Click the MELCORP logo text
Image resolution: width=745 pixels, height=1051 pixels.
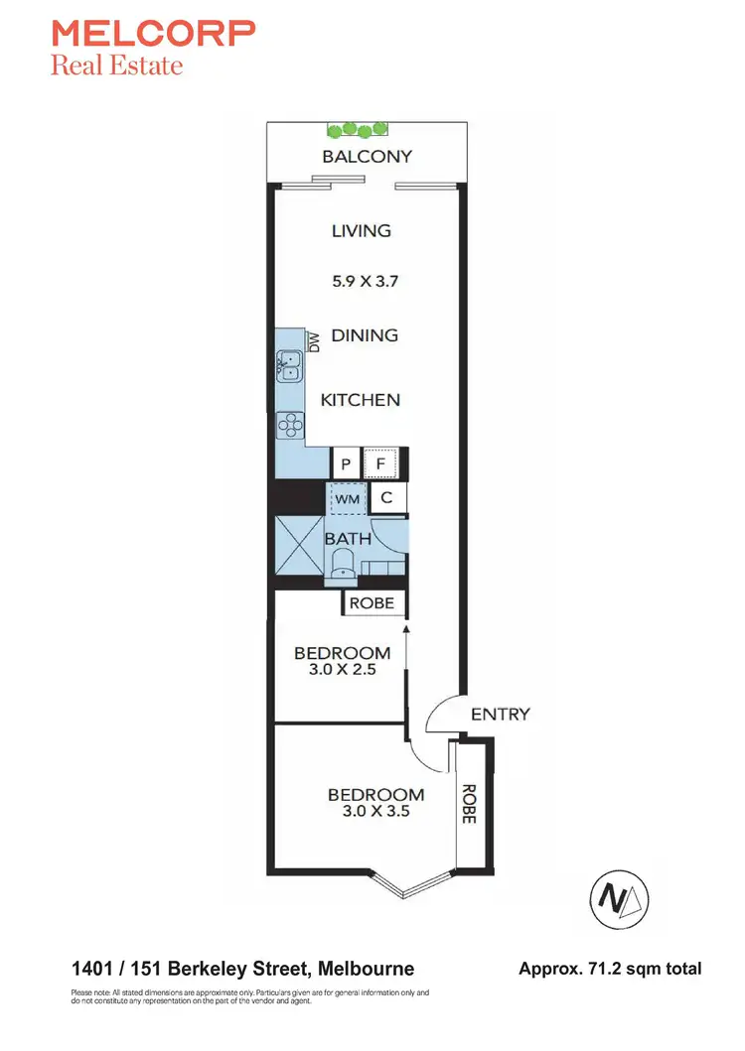tap(153, 35)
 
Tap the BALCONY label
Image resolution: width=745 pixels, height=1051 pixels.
tap(367, 156)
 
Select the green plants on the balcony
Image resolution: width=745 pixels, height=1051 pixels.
tap(358, 129)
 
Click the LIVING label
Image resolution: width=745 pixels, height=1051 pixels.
tap(362, 230)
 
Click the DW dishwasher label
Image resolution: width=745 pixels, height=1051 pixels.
tap(314, 342)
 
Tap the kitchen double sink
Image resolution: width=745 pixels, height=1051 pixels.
tap(289, 366)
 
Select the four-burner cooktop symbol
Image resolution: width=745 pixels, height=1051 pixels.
tap(290, 425)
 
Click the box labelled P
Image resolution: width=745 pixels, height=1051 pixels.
tap(346, 463)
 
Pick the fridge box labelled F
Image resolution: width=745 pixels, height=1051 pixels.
tap(380, 463)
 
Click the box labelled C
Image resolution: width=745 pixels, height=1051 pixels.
tap(387, 498)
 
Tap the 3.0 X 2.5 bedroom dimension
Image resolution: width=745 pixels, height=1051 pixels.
tap(342, 670)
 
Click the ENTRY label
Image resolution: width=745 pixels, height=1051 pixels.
tap(500, 714)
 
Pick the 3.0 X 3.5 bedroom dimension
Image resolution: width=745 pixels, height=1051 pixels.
tap(375, 810)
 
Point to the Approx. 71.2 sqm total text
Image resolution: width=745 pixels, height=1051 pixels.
tap(610, 968)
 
